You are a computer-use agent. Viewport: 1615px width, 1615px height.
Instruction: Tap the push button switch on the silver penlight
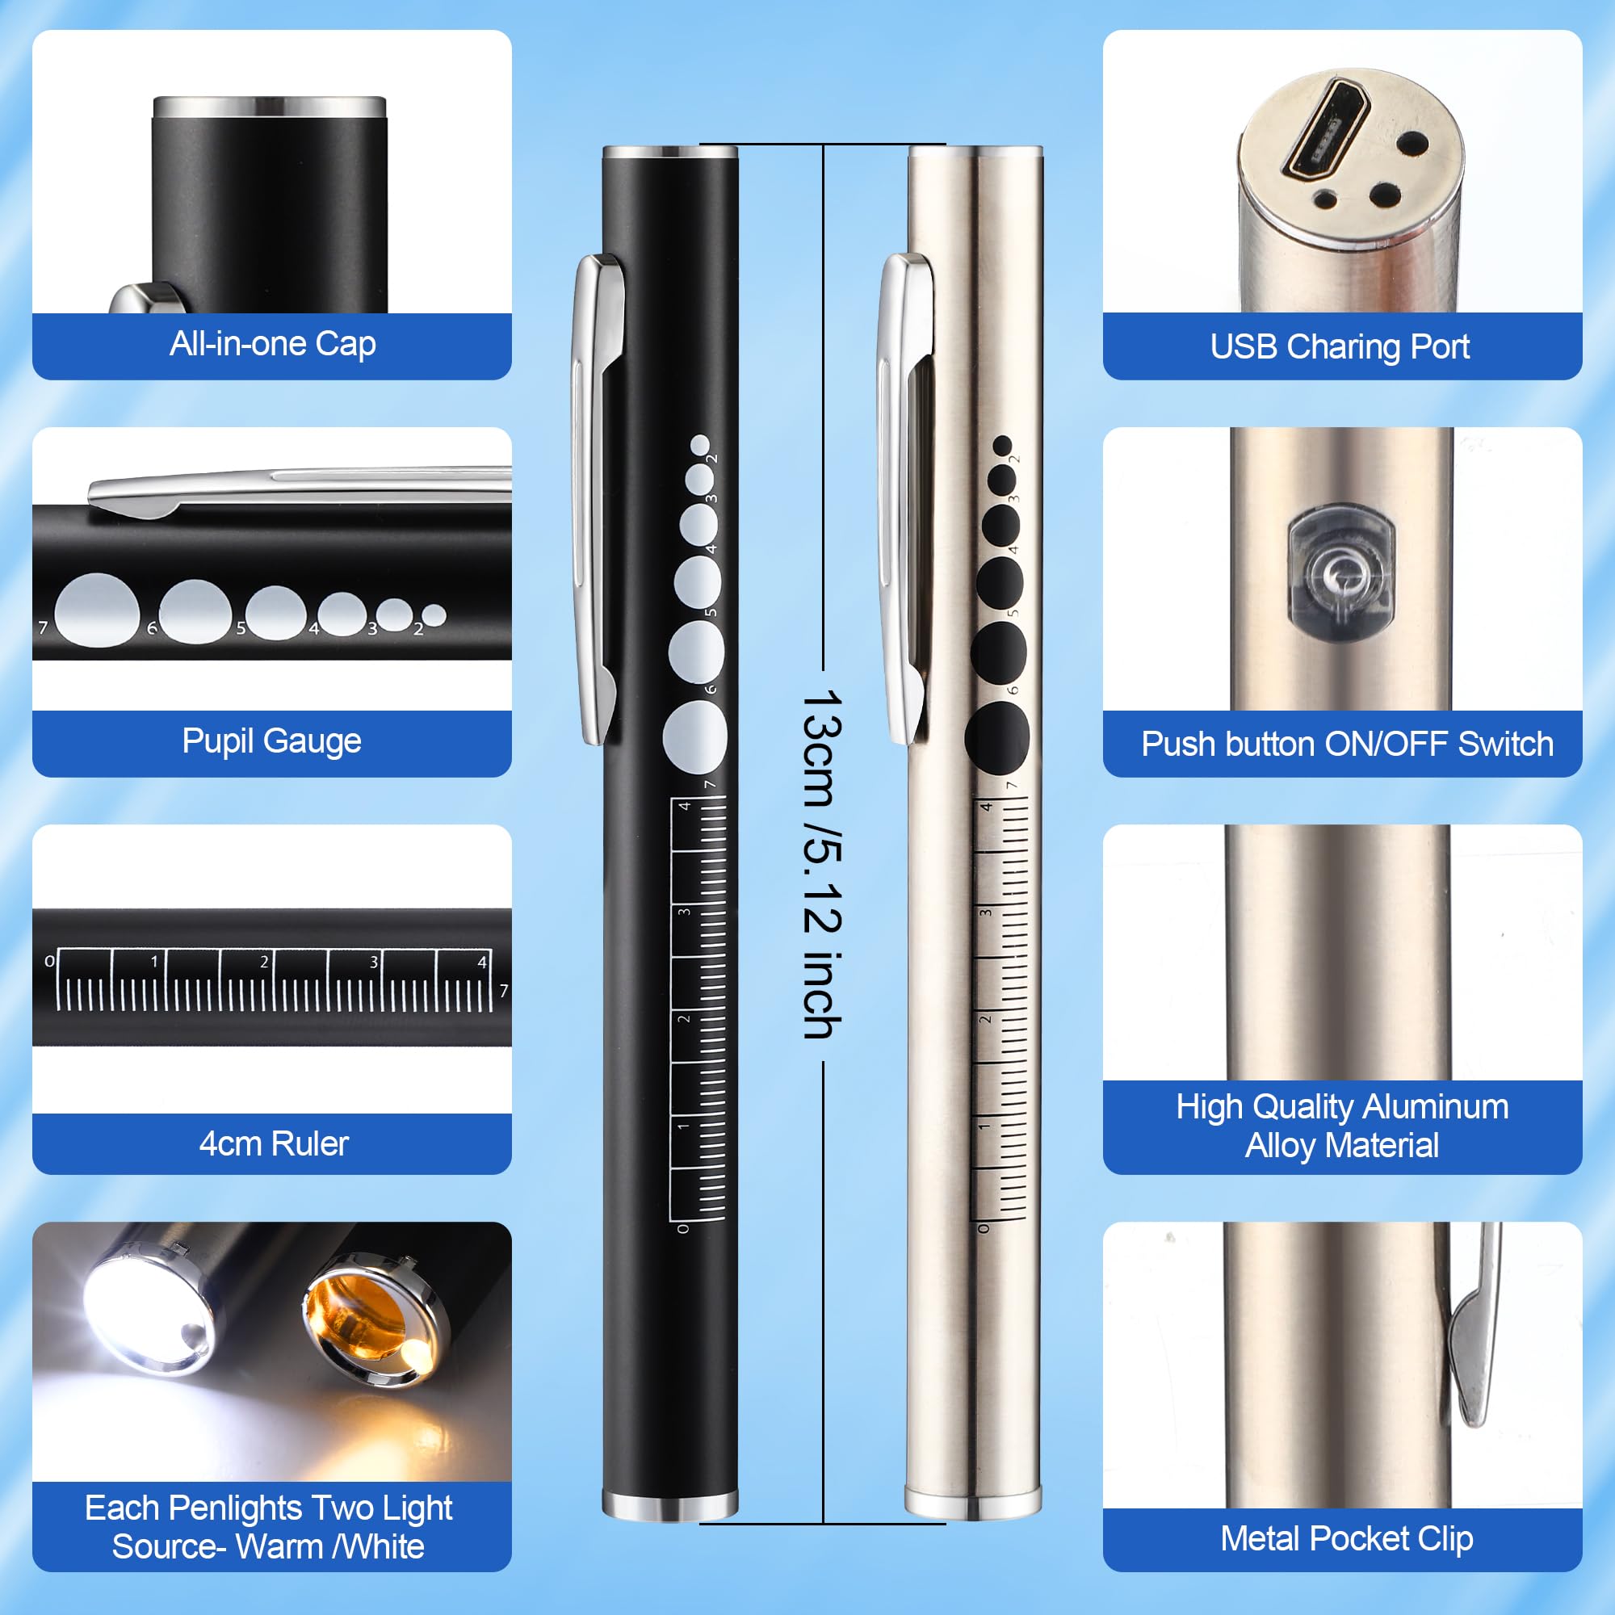(1341, 573)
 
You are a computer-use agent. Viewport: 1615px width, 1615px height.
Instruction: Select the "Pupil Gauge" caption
(271, 741)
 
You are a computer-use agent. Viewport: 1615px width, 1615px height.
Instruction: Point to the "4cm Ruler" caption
(274, 1143)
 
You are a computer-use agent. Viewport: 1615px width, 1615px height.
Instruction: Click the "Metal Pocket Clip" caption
(1346, 1539)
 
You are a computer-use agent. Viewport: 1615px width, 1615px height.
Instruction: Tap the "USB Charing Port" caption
(1340, 347)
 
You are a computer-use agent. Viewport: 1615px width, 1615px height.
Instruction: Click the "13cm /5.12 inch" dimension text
(822, 864)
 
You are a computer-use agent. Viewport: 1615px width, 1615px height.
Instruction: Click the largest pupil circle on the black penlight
(694, 737)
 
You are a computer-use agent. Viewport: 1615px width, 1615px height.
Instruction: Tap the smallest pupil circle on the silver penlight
(1002, 446)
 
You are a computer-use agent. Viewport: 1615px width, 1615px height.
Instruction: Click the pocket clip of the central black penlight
(597, 499)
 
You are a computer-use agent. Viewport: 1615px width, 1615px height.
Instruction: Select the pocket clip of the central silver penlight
(904, 499)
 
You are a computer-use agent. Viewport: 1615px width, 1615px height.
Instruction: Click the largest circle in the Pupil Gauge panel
(98, 610)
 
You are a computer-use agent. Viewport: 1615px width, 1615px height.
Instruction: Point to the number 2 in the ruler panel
(264, 963)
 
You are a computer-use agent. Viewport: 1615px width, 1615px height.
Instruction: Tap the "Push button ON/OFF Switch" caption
(1348, 744)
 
